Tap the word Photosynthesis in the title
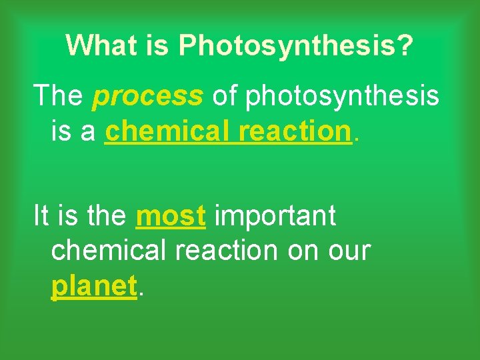click(287, 45)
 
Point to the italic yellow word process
click(148, 97)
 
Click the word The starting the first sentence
click(59, 97)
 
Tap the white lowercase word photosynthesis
click(343, 97)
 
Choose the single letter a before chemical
click(89, 132)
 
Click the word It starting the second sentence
click(41, 216)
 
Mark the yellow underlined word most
click(170, 216)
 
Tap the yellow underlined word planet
click(94, 287)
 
